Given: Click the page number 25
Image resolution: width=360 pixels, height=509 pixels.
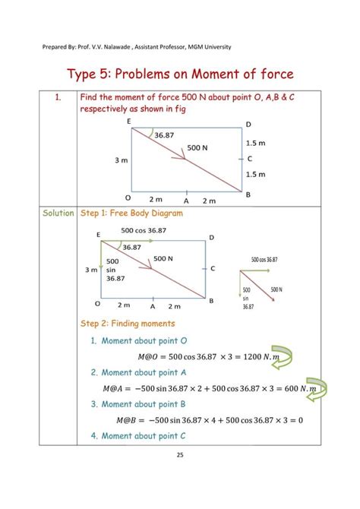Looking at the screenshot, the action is click(x=180, y=455).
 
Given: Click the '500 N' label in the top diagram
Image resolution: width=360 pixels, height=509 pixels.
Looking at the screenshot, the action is click(x=197, y=147).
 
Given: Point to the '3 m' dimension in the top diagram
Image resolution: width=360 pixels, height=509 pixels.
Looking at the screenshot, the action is click(x=121, y=160).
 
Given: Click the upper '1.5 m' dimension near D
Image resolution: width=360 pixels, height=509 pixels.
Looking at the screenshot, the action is click(x=255, y=142).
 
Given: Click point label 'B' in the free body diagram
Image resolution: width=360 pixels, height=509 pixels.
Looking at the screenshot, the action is click(x=212, y=301).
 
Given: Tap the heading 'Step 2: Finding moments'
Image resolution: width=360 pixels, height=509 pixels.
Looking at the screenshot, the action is click(x=127, y=324).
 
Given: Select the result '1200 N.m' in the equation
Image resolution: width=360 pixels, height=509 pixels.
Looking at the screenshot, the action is click(x=257, y=356).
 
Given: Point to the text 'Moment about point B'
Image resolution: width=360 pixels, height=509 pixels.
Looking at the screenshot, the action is click(x=149, y=404).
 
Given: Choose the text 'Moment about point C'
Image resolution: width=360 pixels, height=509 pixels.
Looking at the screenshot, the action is click(x=149, y=436).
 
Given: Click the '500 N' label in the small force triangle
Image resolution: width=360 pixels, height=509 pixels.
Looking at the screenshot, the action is click(x=275, y=289).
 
